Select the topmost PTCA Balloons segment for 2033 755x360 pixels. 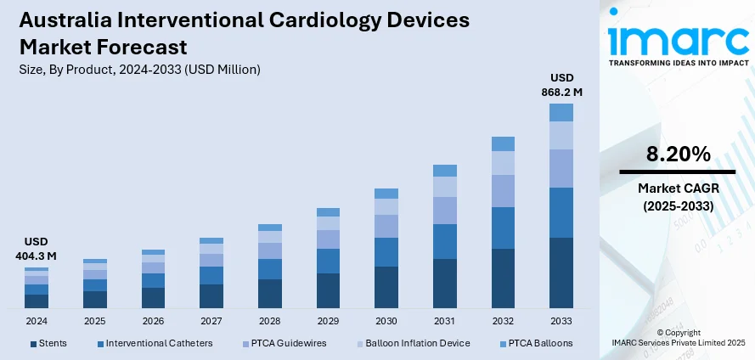coord(561,112)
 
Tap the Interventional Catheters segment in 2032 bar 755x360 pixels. coord(503,228)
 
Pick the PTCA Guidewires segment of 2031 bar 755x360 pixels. coord(444,210)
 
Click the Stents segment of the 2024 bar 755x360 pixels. coord(37,301)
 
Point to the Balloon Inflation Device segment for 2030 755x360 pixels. coord(386,206)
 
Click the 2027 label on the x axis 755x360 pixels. coord(211,322)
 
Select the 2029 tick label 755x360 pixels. coord(328,322)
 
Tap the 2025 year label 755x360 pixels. coord(95,322)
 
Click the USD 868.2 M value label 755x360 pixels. coord(561,86)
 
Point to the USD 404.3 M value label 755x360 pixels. coord(36,249)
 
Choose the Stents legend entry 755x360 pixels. coord(48,343)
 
